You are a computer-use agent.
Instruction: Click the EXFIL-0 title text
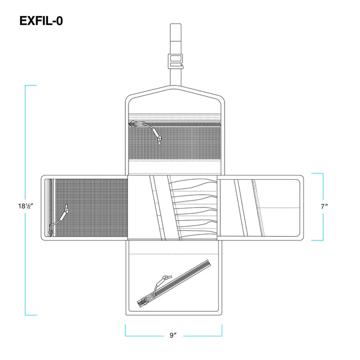41,21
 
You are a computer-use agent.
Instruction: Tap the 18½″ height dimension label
26,206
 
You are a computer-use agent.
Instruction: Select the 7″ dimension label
324,206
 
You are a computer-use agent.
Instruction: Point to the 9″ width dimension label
173,335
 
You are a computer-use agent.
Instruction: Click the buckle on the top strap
175,61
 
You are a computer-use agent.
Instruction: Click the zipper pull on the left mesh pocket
59,219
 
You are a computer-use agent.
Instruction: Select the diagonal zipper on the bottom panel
174,283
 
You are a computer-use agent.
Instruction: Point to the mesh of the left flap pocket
91,208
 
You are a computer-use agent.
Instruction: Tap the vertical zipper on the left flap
51,208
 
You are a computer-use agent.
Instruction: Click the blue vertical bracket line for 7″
323,207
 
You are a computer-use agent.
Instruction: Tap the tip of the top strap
175,24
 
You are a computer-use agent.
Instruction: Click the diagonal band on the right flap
241,208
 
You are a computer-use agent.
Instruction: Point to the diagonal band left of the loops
157,208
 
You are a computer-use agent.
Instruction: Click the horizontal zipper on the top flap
174,124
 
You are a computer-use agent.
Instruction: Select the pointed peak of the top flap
175,86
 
